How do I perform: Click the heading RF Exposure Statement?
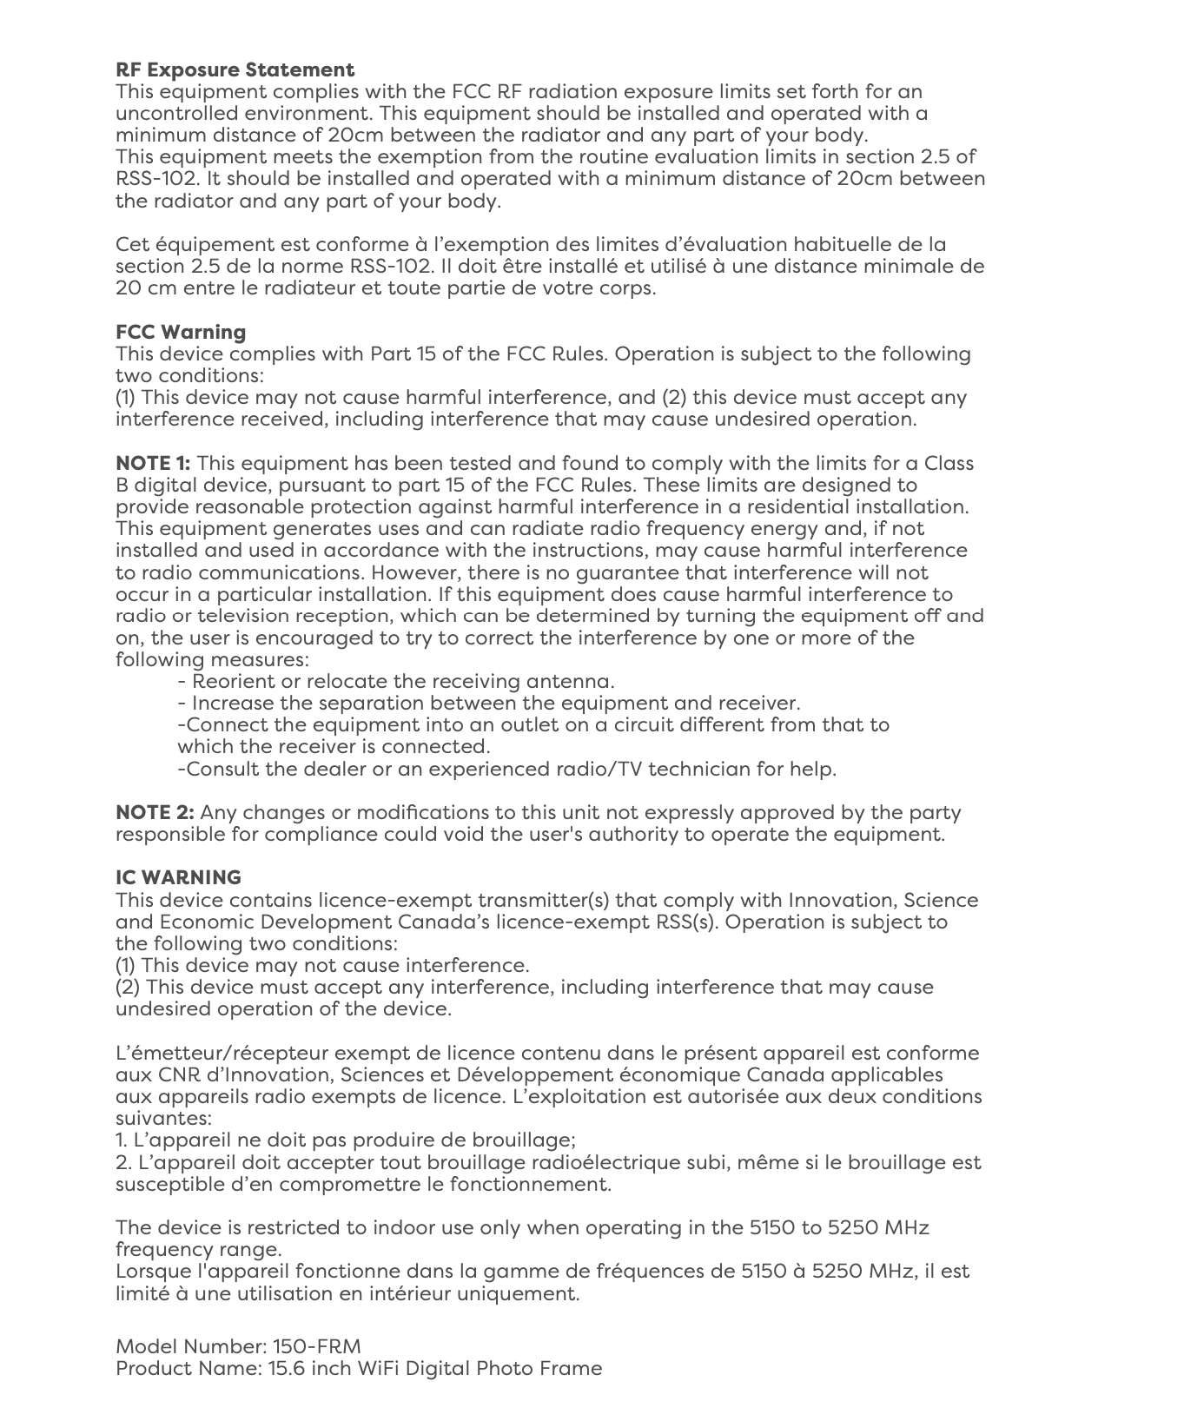235,69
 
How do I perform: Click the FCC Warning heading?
181,332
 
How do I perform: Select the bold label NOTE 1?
153,463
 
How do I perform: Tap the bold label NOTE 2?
155,812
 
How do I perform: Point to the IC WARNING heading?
178,877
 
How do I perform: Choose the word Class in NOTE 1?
949,463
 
